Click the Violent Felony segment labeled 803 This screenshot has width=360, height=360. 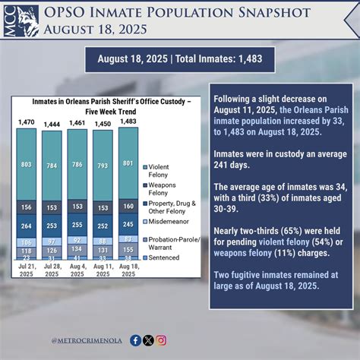(27, 164)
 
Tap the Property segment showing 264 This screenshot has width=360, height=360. (27, 225)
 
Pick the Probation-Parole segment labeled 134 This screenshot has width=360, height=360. (77, 248)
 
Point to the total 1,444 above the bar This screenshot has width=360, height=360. (52, 124)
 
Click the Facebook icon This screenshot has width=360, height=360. (135, 340)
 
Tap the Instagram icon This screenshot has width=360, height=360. (161, 340)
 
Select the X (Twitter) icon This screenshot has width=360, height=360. (148, 340)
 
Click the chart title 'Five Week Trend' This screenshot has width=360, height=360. (103, 110)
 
